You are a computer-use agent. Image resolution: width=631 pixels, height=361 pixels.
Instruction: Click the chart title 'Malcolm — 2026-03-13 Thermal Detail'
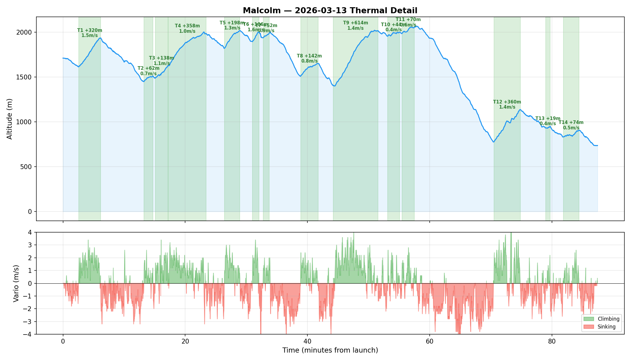coord(330,11)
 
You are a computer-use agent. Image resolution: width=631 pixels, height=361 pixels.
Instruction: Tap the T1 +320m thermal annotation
coord(90,33)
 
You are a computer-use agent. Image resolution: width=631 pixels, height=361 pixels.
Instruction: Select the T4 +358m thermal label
coord(187,28)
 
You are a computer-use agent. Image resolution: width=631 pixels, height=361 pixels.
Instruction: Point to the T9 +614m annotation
coord(355,25)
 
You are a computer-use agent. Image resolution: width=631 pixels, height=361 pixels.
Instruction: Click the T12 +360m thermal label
coord(507,104)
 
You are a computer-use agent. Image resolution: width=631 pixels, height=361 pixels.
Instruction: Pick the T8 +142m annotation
coord(309,58)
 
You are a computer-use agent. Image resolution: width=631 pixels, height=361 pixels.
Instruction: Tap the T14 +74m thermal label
coord(571,125)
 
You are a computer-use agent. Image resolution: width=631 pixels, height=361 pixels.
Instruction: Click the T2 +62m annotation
coord(148,71)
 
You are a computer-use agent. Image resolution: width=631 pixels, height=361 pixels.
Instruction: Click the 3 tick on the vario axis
coord(30,245)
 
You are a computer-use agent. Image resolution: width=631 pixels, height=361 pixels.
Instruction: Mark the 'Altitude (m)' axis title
coord(10,119)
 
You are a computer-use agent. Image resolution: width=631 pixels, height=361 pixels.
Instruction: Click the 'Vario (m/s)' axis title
coord(16,283)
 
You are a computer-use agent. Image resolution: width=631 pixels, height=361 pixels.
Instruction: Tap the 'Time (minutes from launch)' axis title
coord(330,350)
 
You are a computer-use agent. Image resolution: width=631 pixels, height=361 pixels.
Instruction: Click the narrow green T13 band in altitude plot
coord(548,180)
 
